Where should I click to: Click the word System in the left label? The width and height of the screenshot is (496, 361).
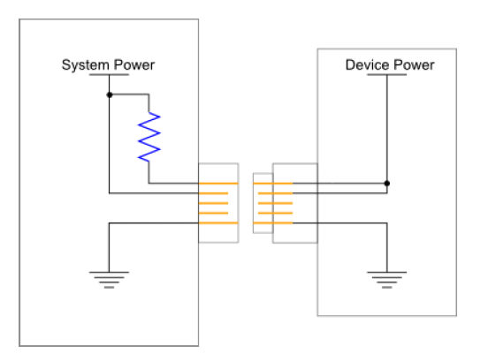point(86,65)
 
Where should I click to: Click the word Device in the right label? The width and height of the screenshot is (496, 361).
point(368,64)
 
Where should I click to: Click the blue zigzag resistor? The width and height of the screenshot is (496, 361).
point(149,137)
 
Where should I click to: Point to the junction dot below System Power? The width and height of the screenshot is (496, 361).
point(110,94)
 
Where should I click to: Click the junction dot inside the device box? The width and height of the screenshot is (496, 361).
point(387,184)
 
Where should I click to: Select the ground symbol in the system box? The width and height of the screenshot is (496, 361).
point(109,280)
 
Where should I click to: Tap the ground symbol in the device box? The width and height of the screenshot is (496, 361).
point(387,280)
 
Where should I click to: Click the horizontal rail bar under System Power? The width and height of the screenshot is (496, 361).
point(109,75)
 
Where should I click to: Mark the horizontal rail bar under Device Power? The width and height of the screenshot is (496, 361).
point(387,75)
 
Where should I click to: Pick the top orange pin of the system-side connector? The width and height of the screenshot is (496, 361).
point(218,184)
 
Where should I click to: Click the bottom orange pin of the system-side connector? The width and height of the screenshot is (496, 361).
point(218,223)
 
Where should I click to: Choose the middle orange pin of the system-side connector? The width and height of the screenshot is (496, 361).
point(214,203)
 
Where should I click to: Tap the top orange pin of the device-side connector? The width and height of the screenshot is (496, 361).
point(273,184)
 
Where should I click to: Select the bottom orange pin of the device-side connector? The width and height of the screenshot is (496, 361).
point(273,223)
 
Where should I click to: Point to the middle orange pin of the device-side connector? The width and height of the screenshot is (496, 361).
point(276,203)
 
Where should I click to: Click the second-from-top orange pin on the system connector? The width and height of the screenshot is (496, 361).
point(214,193)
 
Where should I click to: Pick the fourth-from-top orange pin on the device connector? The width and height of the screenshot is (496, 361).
point(276,214)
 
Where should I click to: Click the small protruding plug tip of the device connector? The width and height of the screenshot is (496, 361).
point(263,203)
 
